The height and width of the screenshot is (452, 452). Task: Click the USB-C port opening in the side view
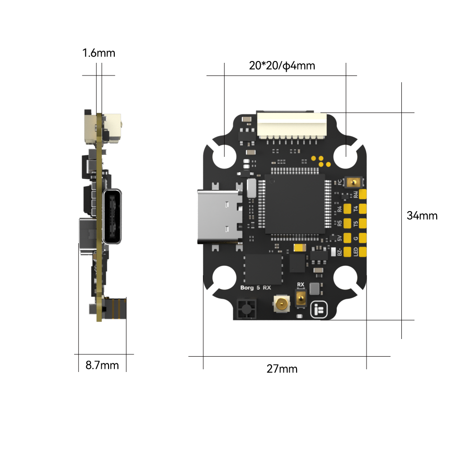click(x=113, y=217)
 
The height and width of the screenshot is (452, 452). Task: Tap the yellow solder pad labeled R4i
click(x=362, y=194)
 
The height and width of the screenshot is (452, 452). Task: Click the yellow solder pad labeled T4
click(x=362, y=208)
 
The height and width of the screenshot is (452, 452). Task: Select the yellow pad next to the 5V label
click(x=348, y=238)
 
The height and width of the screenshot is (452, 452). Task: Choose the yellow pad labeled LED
click(x=362, y=252)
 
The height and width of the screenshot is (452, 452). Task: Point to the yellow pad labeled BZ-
click(x=348, y=252)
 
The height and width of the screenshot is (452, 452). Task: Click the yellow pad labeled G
click(x=362, y=238)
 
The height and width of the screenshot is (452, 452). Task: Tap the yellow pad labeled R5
click(x=348, y=223)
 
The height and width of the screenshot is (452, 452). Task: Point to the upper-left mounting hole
click(x=224, y=156)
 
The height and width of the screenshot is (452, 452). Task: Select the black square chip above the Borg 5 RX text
click(x=263, y=269)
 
